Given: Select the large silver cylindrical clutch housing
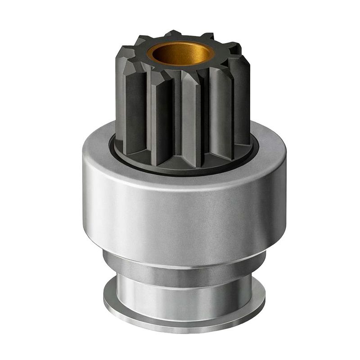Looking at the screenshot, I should click(184, 211).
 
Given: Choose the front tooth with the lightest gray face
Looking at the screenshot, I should click(191, 121).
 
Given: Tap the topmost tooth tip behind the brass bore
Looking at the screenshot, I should click(173, 33).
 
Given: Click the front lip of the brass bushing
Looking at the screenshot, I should click(181, 62).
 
